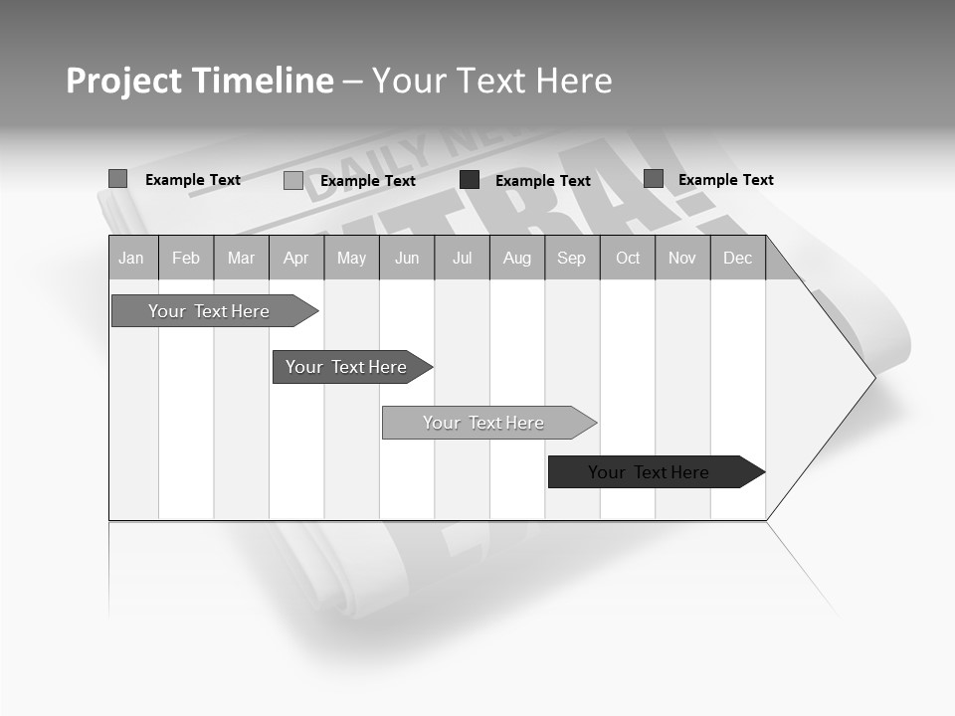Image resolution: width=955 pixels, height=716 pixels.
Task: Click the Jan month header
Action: click(x=132, y=259)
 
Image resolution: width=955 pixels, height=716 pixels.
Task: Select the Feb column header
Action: click(x=186, y=259)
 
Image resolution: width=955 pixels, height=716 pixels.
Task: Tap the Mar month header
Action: click(x=241, y=259)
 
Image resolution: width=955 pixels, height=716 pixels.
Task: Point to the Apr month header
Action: click(x=296, y=259)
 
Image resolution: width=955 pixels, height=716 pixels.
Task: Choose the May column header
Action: click(x=351, y=259)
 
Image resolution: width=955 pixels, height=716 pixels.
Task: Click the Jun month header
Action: click(x=407, y=259)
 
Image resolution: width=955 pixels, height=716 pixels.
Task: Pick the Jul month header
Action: click(x=462, y=259)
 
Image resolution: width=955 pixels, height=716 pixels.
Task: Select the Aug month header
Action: click(x=517, y=259)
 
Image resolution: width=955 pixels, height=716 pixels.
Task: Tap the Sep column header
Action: click(x=572, y=259)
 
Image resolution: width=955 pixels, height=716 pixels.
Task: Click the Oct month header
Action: click(x=628, y=259)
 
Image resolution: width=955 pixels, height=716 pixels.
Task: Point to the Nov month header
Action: click(x=682, y=259)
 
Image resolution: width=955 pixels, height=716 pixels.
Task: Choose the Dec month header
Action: click(x=738, y=259)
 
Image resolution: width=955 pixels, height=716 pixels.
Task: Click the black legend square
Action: click(x=470, y=180)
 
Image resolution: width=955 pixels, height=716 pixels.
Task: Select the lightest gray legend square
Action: click(x=293, y=181)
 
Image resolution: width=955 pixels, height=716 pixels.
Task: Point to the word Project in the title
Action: click(x=124, y=81)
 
